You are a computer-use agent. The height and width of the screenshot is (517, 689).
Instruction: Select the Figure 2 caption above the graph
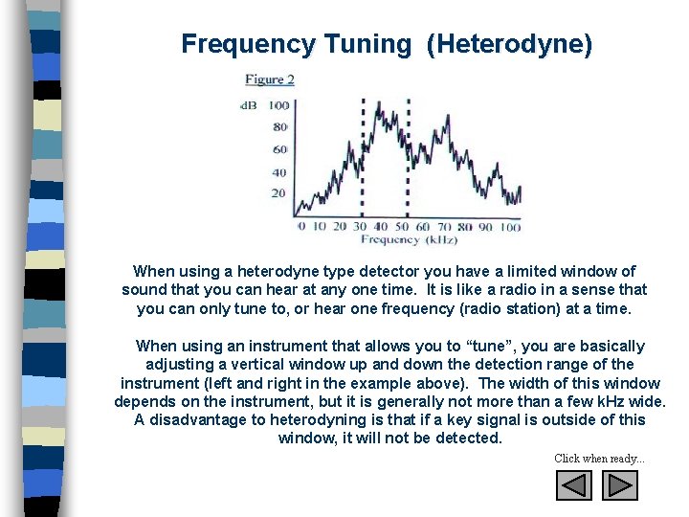coord(269,79)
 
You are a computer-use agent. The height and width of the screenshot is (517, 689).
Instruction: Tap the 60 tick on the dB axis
coord(280,149)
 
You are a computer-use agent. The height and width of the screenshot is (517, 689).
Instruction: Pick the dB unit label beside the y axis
coord(249,104)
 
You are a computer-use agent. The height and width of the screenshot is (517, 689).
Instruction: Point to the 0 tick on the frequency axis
coord(301,227)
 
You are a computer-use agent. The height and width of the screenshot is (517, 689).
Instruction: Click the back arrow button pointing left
coord(574,485)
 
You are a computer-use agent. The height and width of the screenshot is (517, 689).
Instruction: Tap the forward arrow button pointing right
coord(619,485)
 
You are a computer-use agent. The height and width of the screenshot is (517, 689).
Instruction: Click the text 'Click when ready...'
coord(599,459)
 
